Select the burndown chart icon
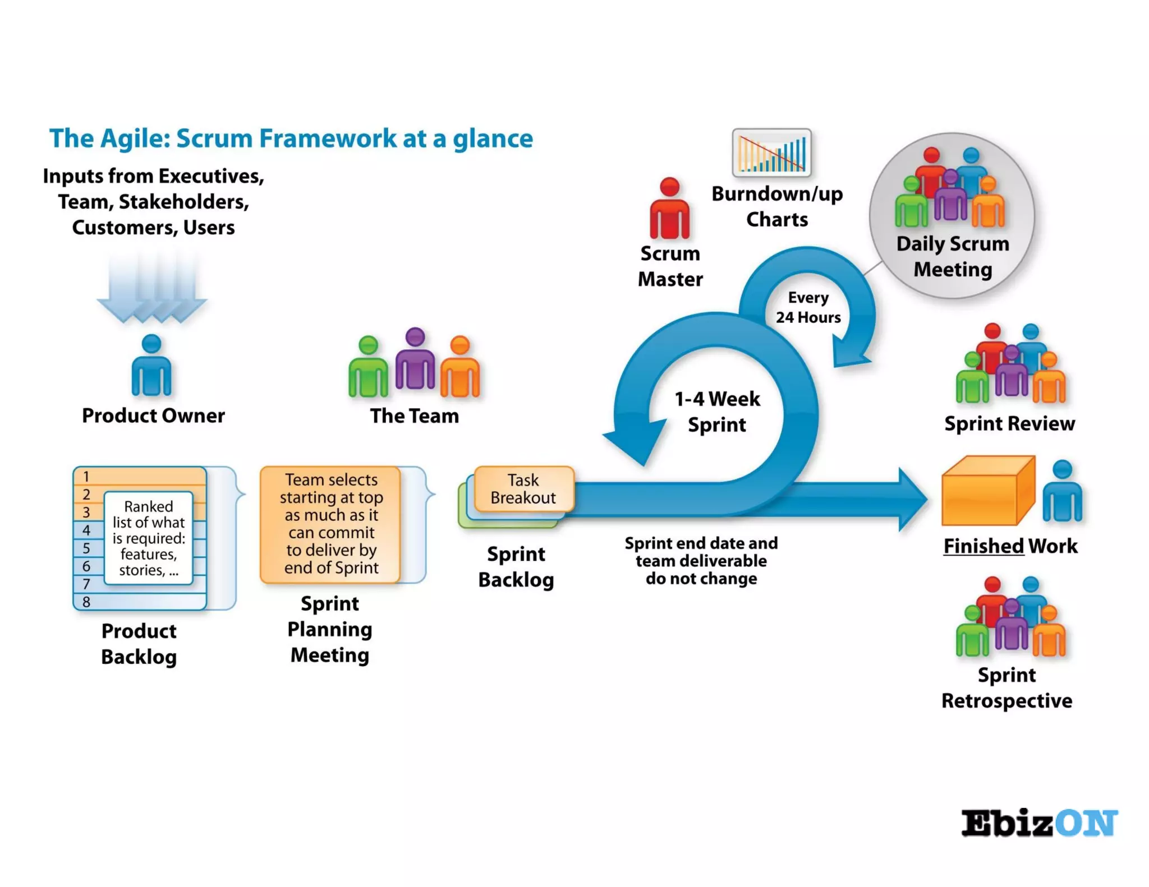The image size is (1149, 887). click(x=771, y=153)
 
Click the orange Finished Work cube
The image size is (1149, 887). click(x=987, y=492)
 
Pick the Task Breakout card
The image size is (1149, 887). click(x=523, y=489)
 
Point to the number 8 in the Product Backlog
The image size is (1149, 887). click(x=86, y=602)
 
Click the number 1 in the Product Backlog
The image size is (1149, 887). click(x=86, y=477)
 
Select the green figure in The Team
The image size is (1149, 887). click(x=368, y=367)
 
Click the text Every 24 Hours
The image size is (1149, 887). click(x=808, y=307)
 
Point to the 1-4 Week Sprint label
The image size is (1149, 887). click(x=717, y=412)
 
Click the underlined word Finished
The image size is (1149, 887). click(x=983, y=546)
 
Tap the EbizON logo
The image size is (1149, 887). click(x=1039, y=823)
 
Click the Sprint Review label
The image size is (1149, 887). click(x=1009, y=423)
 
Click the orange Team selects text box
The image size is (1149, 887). click(x=330, y=524)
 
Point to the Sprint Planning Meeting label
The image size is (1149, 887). click(x=330, y=629)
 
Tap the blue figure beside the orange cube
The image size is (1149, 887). click(x=1062, y=492)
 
